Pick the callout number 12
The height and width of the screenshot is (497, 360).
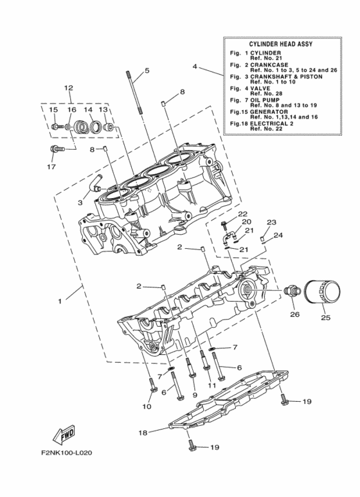tap(68, 88)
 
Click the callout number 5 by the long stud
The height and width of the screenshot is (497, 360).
tap(147, 70)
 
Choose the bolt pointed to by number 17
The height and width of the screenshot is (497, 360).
tap(57, 149)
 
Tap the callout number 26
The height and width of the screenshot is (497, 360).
tap(294, 314)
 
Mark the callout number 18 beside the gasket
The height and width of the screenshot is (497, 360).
tap(143, 433)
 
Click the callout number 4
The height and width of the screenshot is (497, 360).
tap(194, 66)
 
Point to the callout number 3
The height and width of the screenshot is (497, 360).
tap(80, 203)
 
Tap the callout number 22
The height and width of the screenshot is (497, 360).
tap(242, 214)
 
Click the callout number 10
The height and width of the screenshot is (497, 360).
tap(146, 407)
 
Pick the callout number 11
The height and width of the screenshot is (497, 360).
tap(211, 384)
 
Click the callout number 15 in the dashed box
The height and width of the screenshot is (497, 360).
tap(54, 110)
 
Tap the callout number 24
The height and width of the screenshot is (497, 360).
tap(278, 235)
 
